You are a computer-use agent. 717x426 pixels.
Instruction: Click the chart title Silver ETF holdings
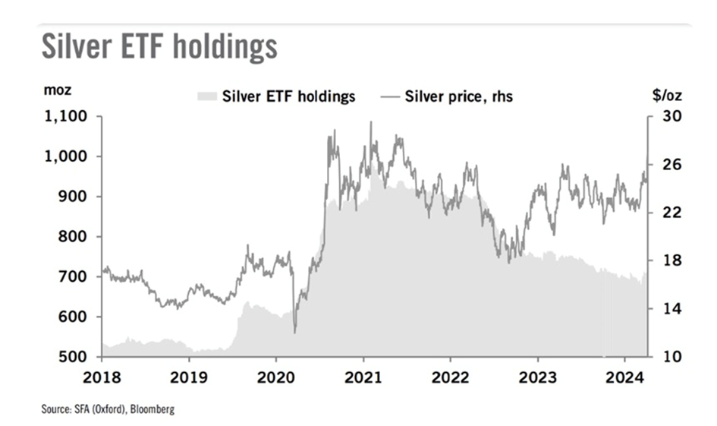click(159, 47)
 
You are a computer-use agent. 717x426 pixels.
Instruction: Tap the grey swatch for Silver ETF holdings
click(206, 96)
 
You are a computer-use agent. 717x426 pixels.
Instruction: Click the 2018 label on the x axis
click(101, 375)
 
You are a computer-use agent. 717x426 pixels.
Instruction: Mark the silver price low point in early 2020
click(294, 332)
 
